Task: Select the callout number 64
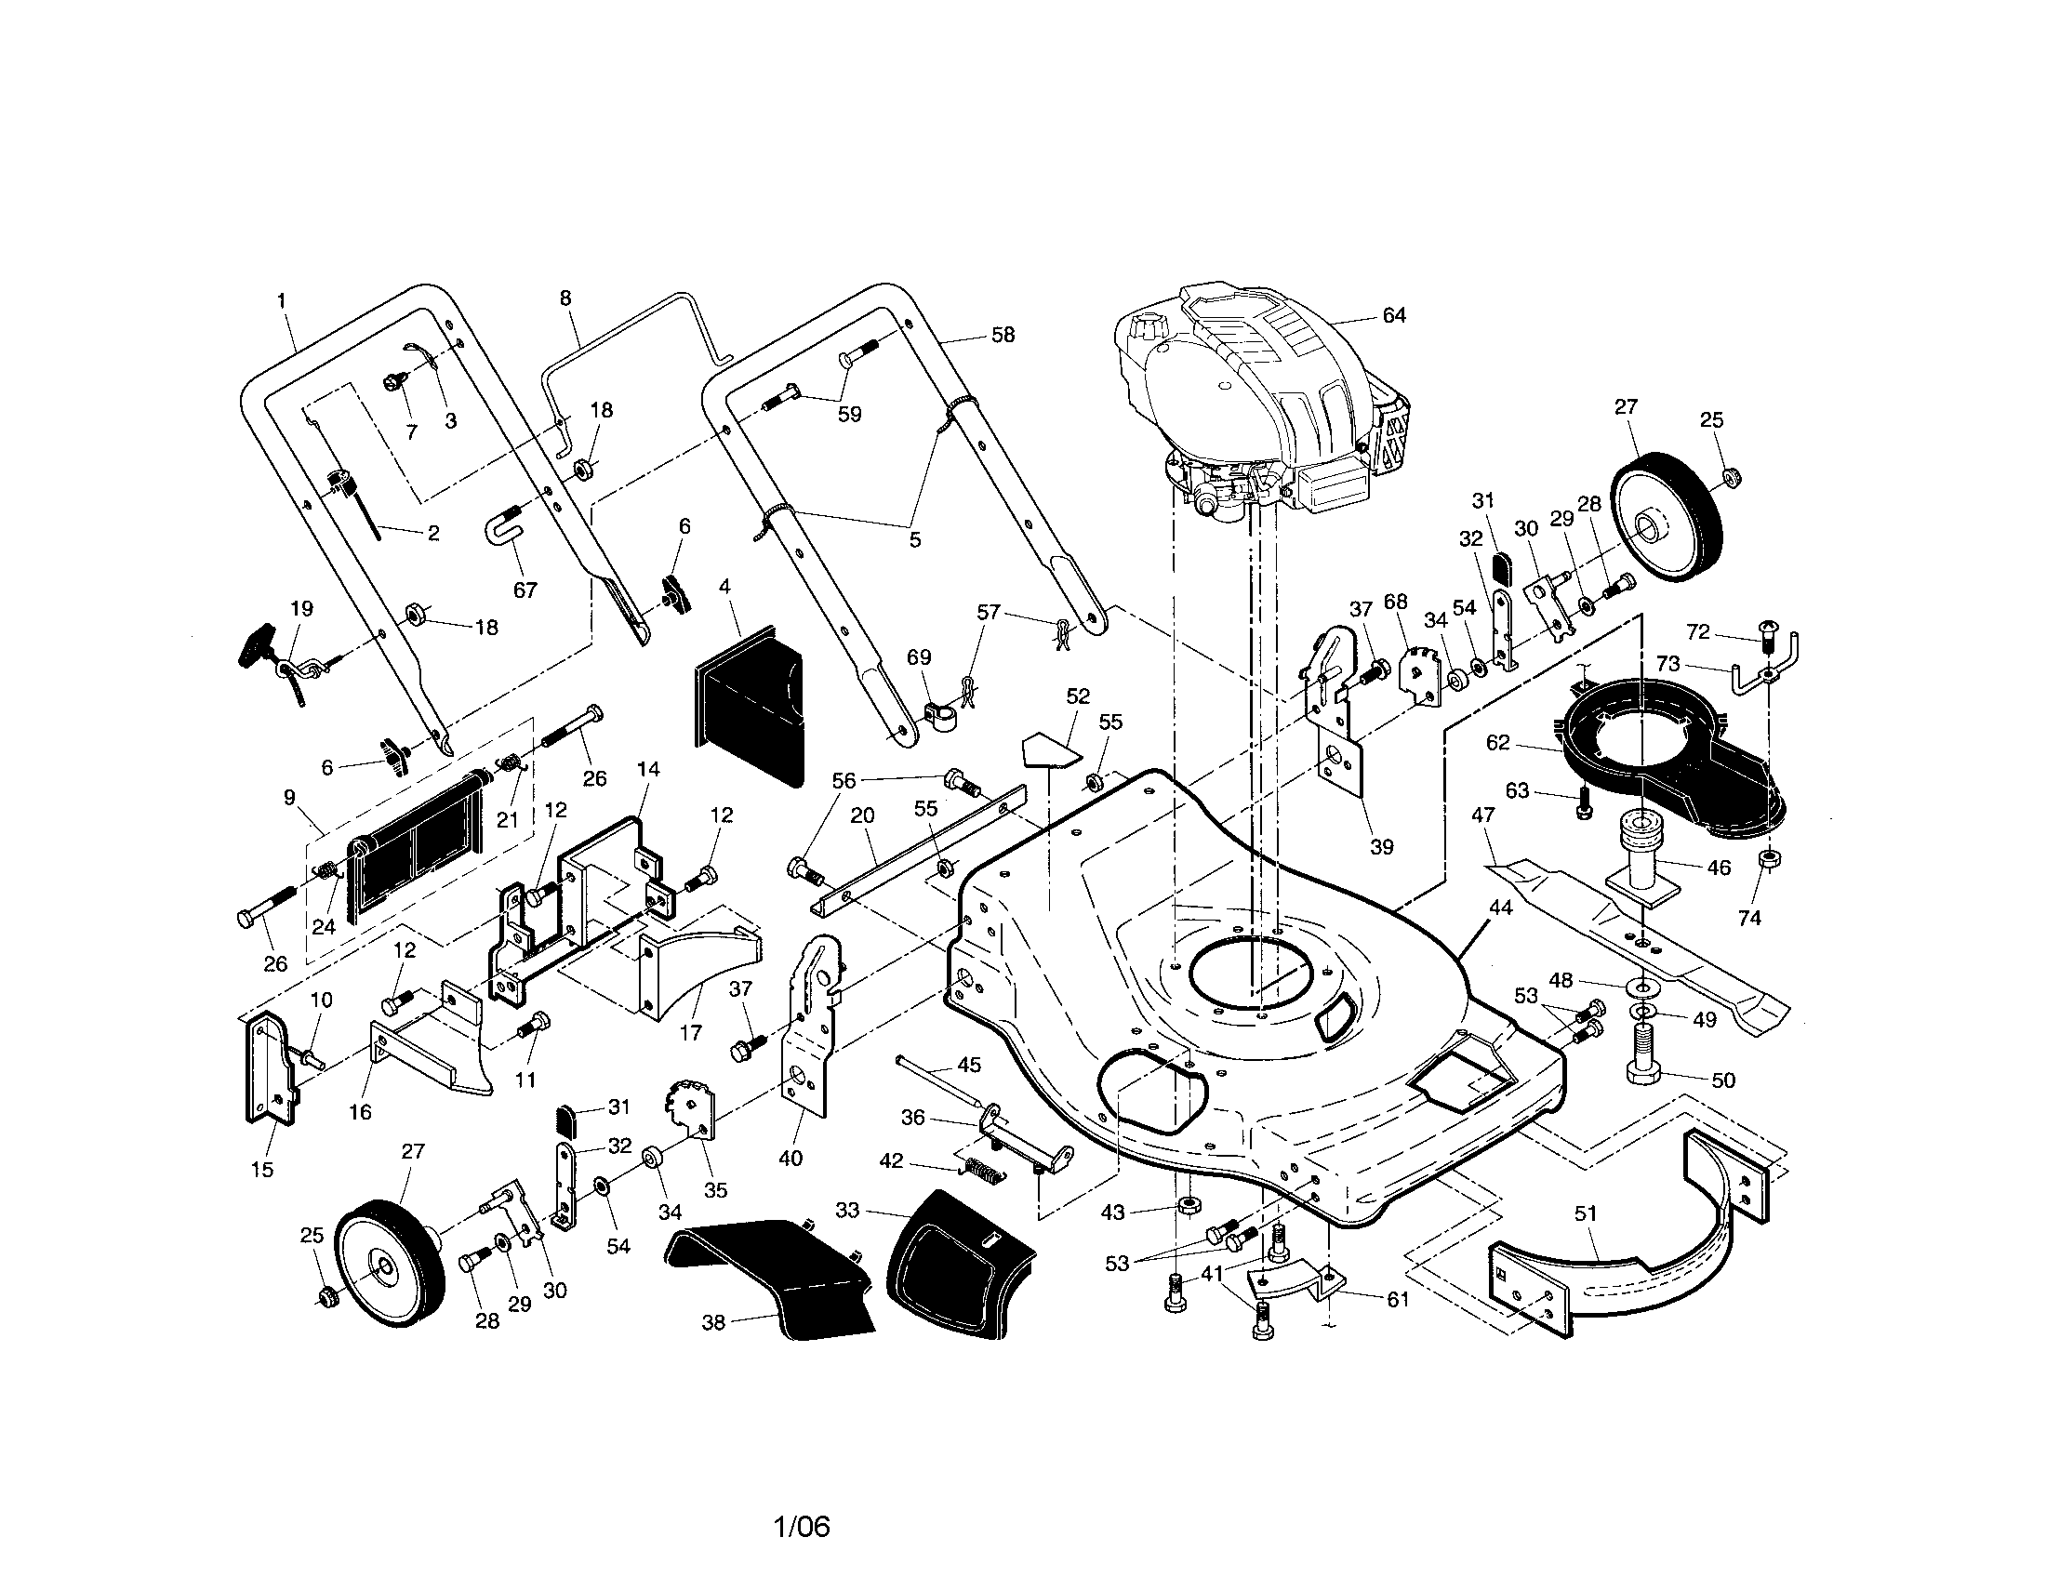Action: (x=1394, y=315)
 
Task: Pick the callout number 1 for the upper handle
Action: (x=282, y=300)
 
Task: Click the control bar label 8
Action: (x=565, y=298)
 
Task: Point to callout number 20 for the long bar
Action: (x=862, y=815)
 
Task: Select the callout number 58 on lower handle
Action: (x=1003, y=335)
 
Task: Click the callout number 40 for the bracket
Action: (x=790, y=1159)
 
